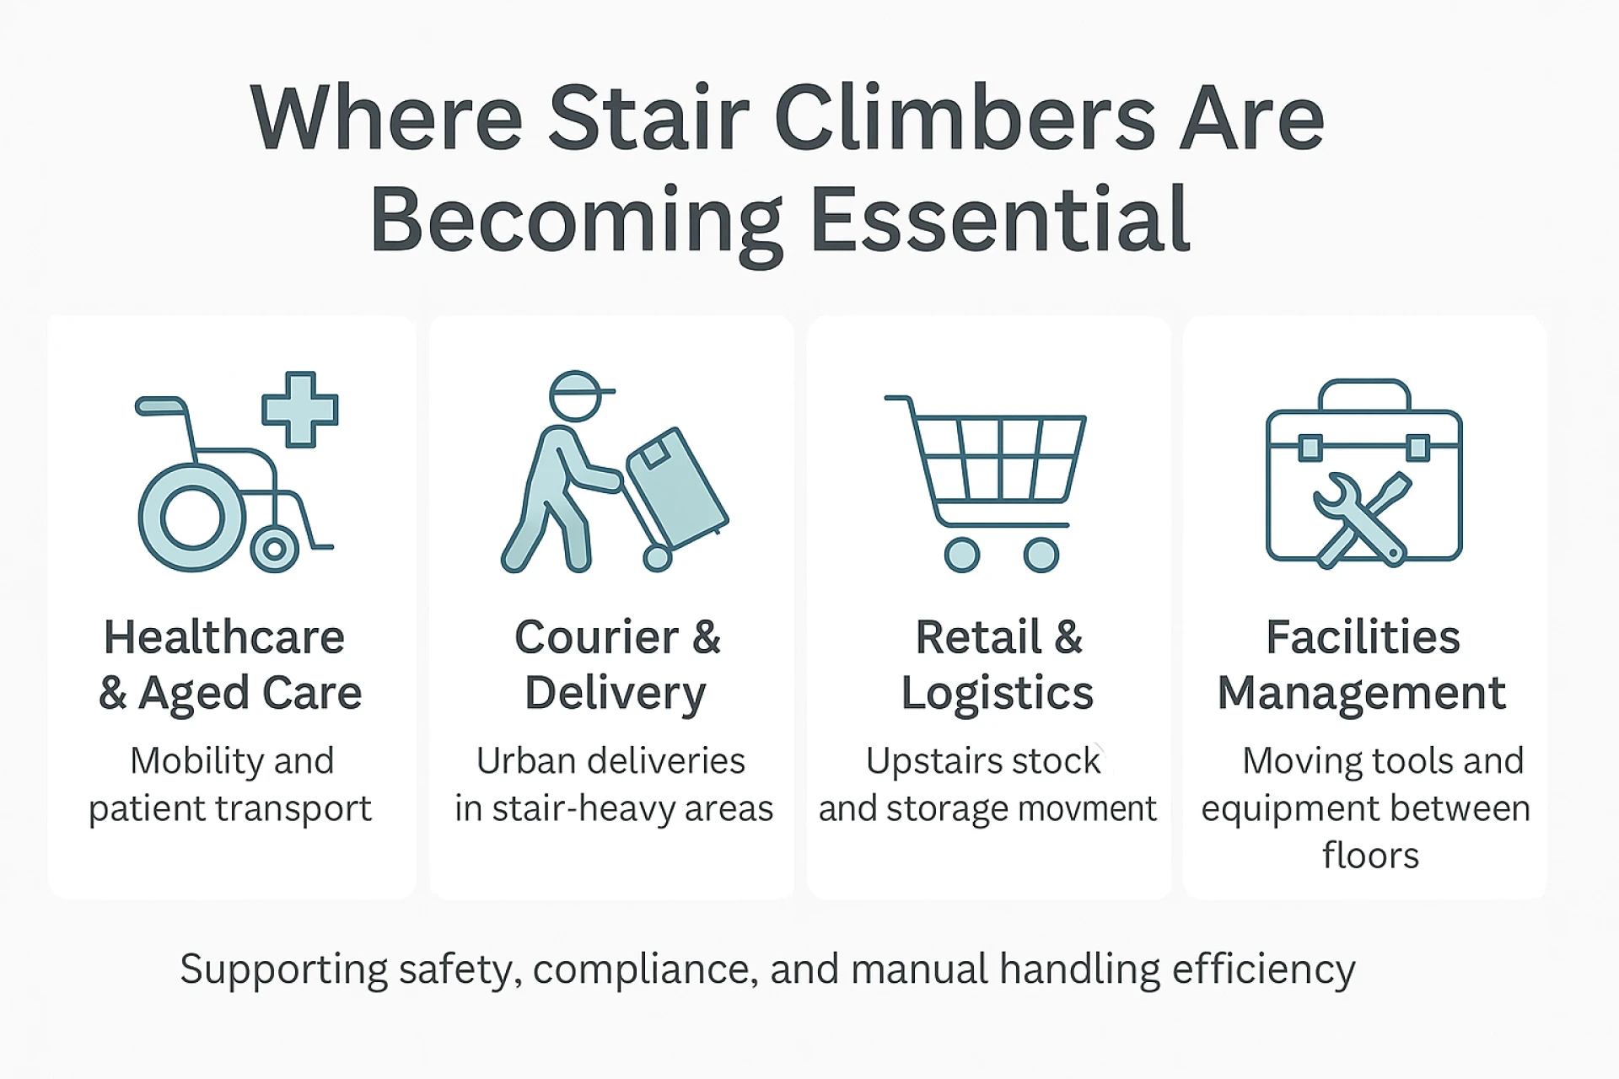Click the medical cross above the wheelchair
[300, 409]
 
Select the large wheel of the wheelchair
[192, 518]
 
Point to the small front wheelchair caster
[274, 550]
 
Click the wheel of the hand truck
[657, 557]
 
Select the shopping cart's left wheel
[962, 555]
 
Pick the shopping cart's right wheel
[1041, 555]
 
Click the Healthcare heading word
[224, 637]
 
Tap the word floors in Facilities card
[1370, 855]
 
